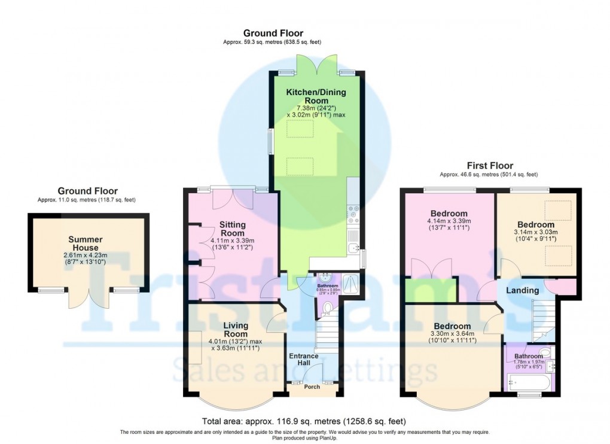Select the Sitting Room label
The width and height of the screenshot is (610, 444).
233,229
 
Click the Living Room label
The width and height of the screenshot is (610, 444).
235,330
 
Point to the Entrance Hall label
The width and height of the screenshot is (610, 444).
304,360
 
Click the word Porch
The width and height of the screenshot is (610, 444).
312,387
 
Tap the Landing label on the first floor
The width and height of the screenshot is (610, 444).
523,290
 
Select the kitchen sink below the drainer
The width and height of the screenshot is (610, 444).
354,247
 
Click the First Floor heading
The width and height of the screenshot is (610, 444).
490,166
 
